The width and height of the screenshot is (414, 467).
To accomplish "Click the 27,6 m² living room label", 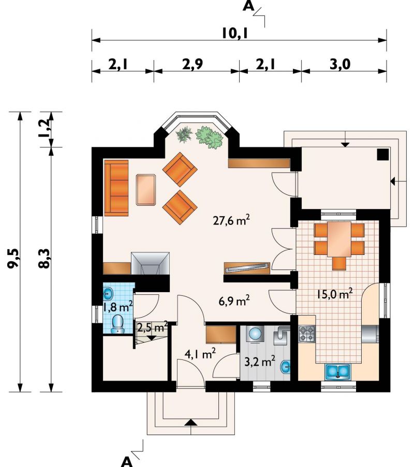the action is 231,221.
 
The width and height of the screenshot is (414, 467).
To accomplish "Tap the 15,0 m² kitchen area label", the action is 334,294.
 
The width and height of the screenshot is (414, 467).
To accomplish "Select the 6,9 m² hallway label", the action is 234,301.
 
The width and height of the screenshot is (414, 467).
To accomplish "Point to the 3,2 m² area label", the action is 260,362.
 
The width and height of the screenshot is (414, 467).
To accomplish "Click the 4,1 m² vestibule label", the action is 200,354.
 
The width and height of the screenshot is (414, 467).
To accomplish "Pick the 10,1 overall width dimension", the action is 235,33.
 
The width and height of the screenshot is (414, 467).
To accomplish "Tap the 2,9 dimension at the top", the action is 193,65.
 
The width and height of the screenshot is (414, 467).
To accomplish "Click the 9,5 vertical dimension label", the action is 13,258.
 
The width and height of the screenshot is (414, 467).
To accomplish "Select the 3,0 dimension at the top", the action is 340,65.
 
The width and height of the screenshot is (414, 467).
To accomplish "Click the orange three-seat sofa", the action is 116,188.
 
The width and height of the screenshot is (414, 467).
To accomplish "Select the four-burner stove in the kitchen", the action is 307,334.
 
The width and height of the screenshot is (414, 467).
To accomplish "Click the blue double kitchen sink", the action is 338,371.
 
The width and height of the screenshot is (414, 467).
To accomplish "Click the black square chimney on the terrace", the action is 383,154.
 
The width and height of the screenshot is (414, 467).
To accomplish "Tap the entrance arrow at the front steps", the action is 191,423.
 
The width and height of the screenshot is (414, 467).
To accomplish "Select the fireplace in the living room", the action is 150,264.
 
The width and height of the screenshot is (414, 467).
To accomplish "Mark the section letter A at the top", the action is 248,6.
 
